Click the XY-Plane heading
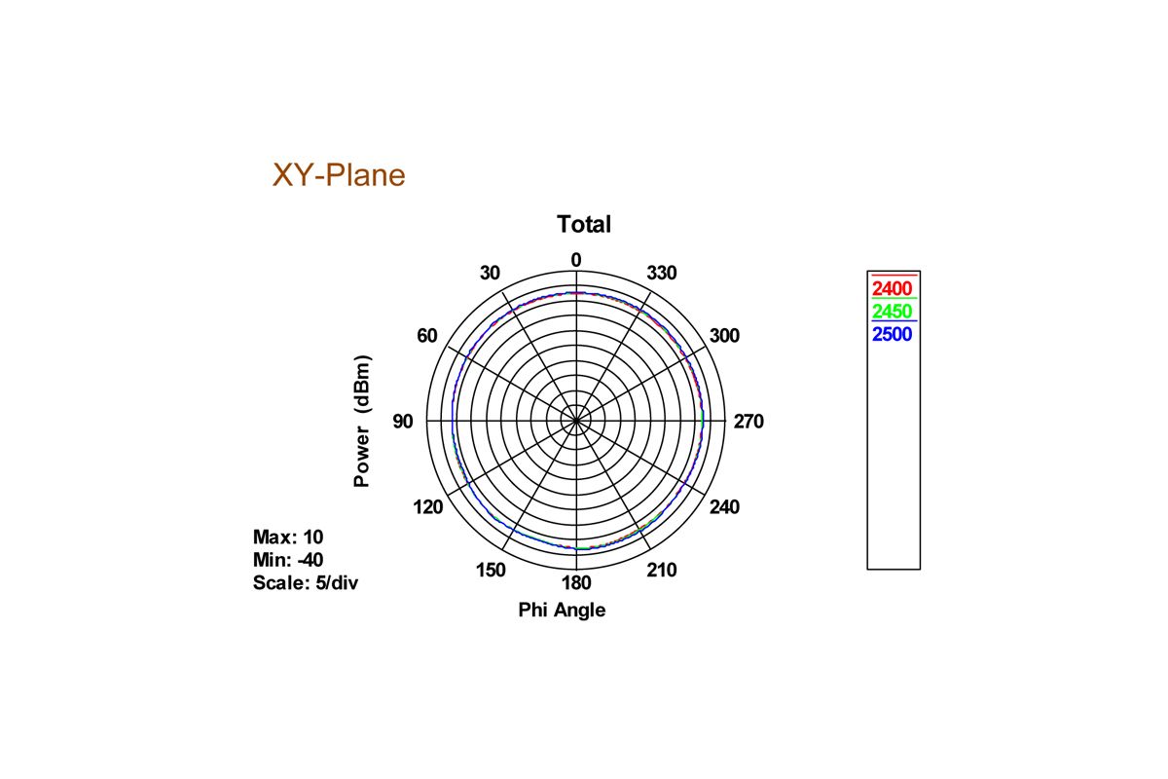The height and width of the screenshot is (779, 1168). tap(339, 175)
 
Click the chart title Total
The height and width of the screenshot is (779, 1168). tap(584, 224)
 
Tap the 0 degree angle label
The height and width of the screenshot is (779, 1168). tap(575, 260)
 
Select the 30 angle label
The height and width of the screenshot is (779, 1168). tap(490, 273)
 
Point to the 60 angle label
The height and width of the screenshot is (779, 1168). tap(427, 336)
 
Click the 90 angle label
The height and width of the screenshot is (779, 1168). tap(403, 421)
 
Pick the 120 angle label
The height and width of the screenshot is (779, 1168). tap(428, 506)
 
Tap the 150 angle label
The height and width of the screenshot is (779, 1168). tap(491, 570)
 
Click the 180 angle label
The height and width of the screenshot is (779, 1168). tap(576, 583)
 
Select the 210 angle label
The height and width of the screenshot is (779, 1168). tap(662, 570)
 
